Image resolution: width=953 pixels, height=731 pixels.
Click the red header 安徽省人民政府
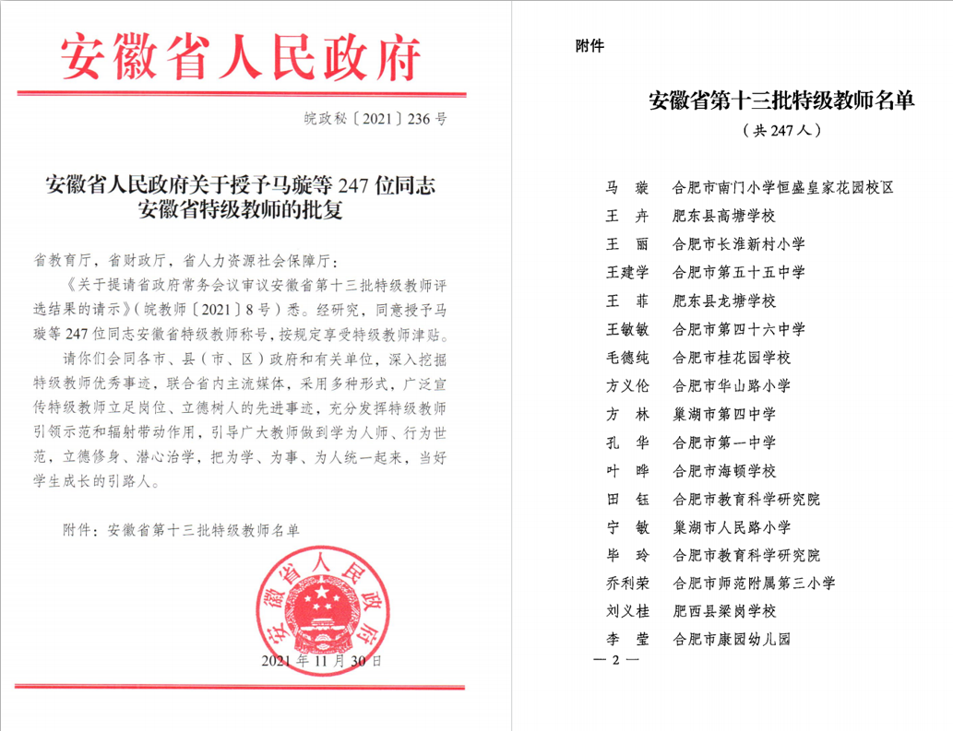[242, 57]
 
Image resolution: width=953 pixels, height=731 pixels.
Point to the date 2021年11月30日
[321, 661]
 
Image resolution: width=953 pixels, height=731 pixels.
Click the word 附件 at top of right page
[590, 46]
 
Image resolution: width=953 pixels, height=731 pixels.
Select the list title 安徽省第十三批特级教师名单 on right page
[781, 100]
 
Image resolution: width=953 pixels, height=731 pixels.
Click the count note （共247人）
[781, 131]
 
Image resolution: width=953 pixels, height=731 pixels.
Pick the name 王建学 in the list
[628, 272]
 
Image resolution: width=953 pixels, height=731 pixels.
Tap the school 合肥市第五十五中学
[740, 272]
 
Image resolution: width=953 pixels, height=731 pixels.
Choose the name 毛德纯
[628, 357]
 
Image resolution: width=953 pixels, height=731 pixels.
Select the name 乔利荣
[628, 583]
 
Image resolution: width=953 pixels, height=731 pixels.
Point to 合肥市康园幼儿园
[733, 639]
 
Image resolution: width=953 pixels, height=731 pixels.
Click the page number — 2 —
[619, 660]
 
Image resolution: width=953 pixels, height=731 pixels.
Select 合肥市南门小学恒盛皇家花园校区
[784, 188]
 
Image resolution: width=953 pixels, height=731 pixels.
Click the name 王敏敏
[628, 329]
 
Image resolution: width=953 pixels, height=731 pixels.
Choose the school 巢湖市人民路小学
[733, 527]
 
